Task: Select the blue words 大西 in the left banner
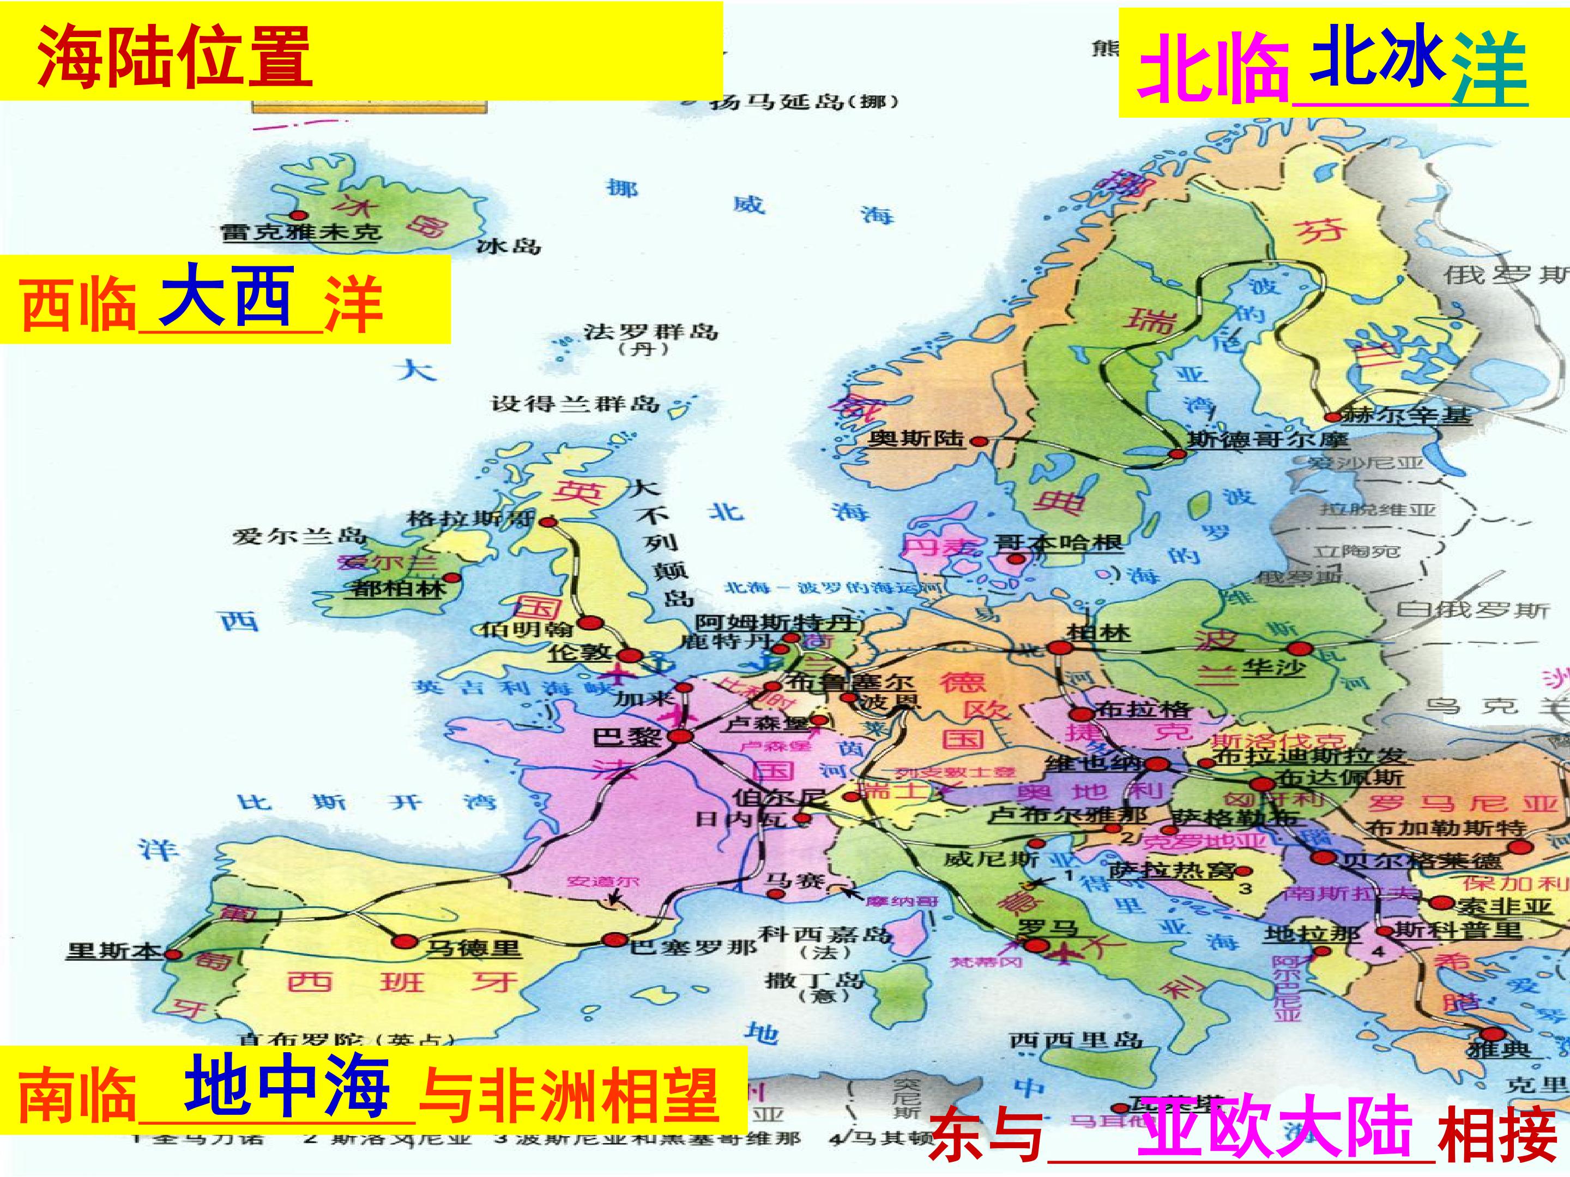[x=226, y=296]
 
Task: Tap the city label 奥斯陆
[x=916, y=439]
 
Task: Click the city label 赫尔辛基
[x=1407, y=415]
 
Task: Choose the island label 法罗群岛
[x=651, y=332]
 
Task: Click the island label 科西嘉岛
[x=825, y=933]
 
